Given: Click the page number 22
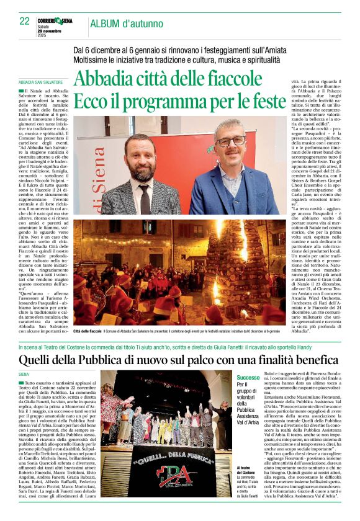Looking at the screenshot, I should [x=25, y=21].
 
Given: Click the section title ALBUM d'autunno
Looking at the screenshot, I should [x=121, y=24].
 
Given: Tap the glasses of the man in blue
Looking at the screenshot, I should [x=229, y=141].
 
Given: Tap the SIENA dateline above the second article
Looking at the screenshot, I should [x=24, y=375].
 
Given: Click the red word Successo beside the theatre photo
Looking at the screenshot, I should [x=249, y=377].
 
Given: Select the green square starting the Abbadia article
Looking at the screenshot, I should [x=21, y=91].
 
